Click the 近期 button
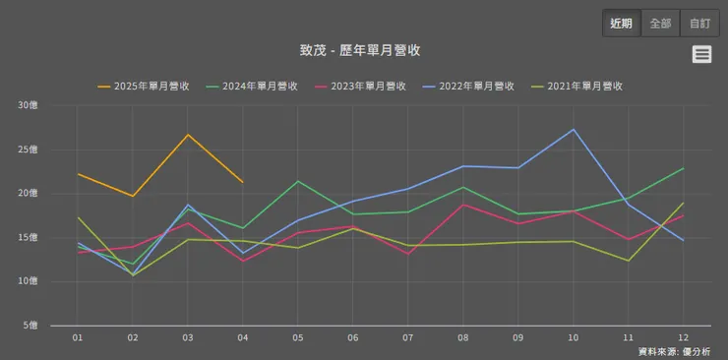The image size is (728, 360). coord(622,24)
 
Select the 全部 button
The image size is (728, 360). coord(660,24)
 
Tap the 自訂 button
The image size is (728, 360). coord(699,24)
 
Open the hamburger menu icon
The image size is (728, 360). coord(701,55)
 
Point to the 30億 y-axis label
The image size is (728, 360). coord(28,105)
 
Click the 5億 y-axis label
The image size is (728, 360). coord(30,326)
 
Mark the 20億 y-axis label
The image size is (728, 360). coord(28,194)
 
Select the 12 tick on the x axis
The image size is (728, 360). coord(683,337)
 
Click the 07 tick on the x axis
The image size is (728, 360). coord(408,337)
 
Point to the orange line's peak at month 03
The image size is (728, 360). coord(188,135)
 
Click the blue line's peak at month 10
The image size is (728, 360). coord(574,130)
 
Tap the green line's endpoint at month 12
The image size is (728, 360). coord(683,168)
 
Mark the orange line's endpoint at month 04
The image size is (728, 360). coord(242,182)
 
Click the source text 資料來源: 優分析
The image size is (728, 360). coord(674,351)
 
